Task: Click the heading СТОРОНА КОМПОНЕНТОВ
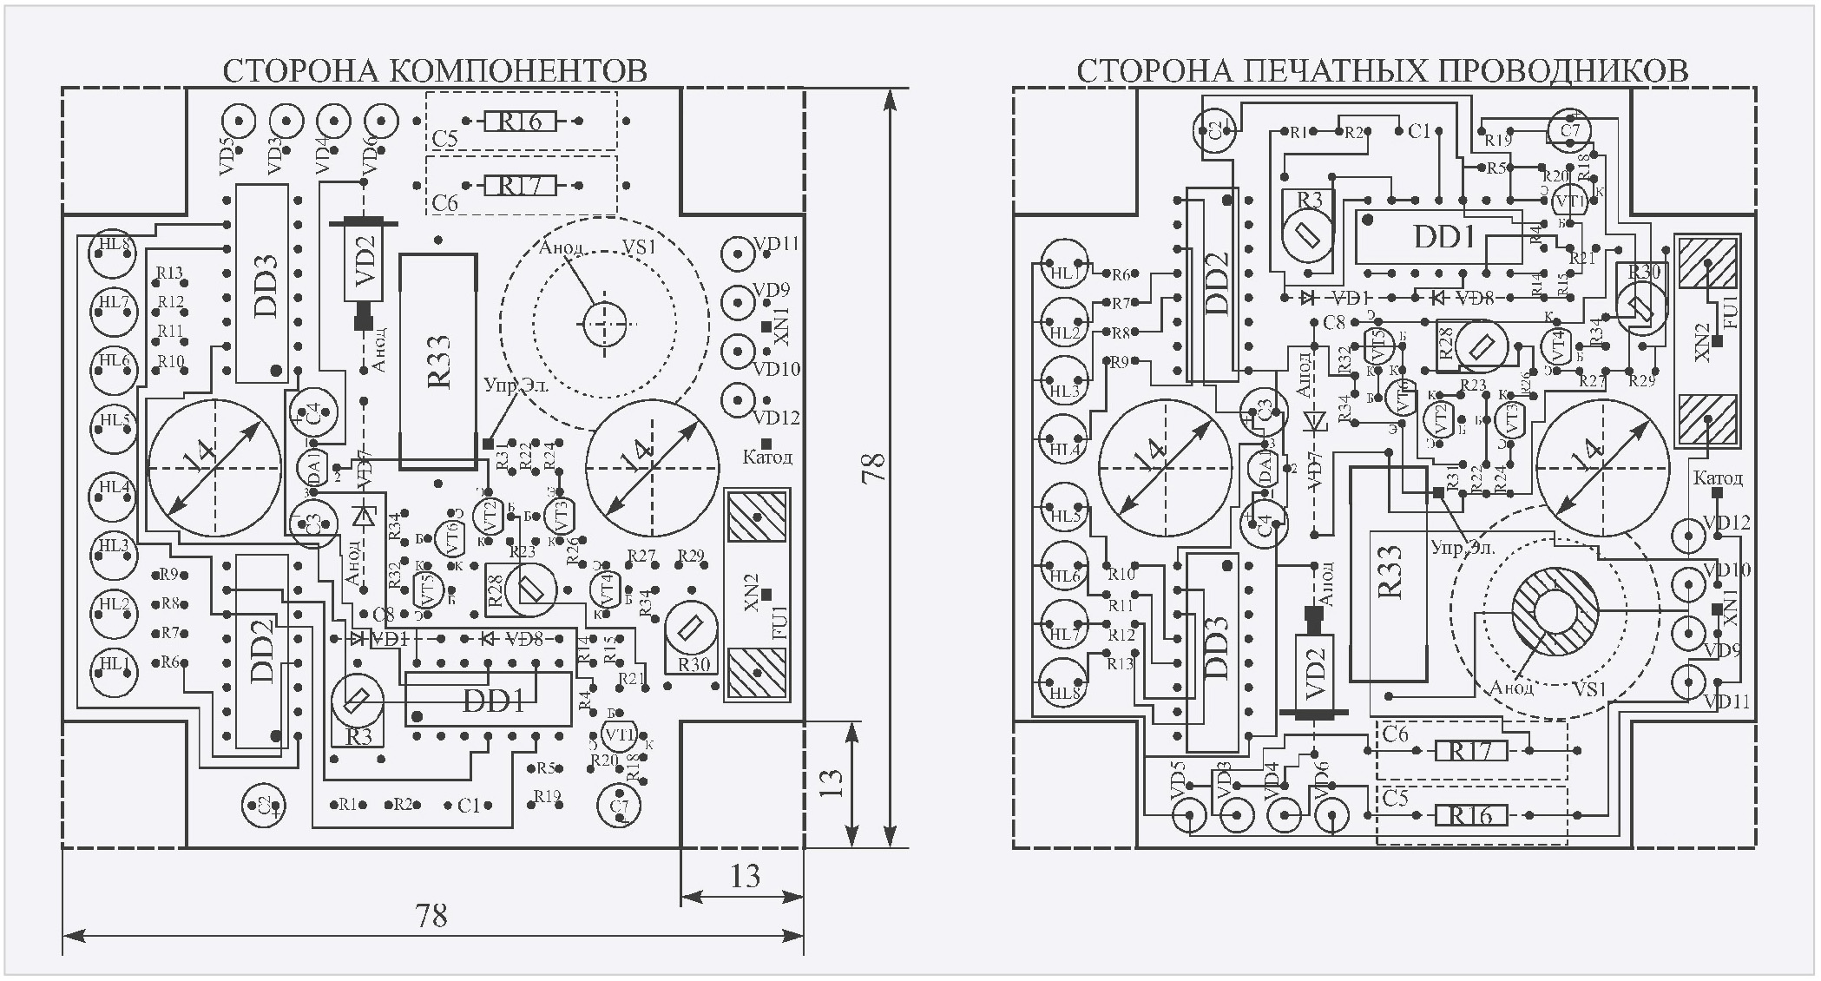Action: point(435,70)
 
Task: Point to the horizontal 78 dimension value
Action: point(431,916)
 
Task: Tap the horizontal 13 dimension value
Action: point(745,877)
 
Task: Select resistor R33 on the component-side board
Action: point(438,361)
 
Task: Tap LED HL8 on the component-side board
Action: point(114,255)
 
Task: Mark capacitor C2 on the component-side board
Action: point(264,805)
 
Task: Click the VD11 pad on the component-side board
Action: point(738,254)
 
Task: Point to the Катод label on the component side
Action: point(767,457)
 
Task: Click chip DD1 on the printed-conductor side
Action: point(1443,237)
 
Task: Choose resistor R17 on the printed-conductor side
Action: point(1469,750)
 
